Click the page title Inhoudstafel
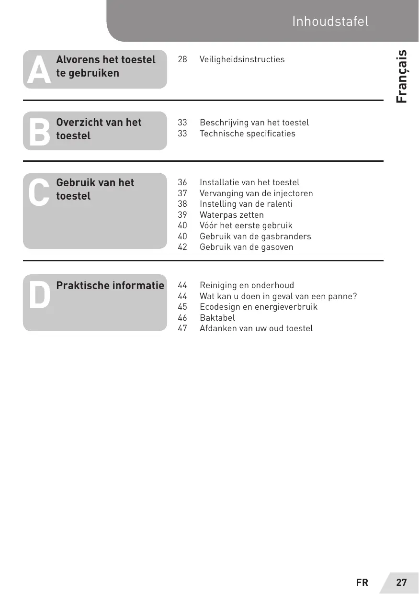coord(330,22)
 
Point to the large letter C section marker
coord(39,192)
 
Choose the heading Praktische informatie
coord(110,286)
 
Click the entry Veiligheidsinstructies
coord(242,59)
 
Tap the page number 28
coord(182,59)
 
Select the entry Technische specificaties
coord(247,134)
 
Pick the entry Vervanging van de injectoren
coord(256,193)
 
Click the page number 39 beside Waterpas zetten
coord(182,215)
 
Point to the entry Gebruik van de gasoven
coord(246,247)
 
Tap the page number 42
coord(182,247)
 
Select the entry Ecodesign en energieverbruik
coord(258,307)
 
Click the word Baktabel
coord(217,317)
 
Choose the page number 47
coord(182,328)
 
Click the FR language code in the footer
coord(362,583)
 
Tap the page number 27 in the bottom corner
coord(401,583)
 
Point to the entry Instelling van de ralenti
coord(246,204)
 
